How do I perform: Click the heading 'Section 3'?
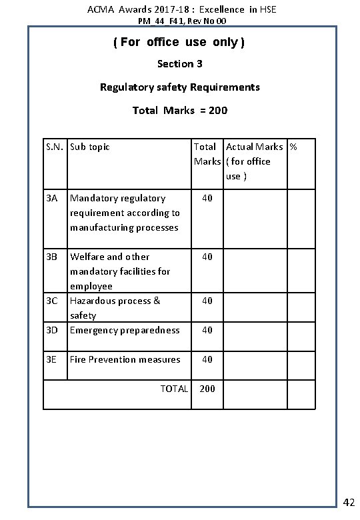[180, 65]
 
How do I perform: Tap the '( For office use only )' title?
[179, 43]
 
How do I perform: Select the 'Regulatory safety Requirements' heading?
[180, 87]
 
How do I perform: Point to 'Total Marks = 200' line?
[180, 110]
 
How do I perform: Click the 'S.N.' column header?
[55, 147]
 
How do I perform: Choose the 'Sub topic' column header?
[90, 147]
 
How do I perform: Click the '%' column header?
[293, 147]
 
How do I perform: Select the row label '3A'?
[53, 198]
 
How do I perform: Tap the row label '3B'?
[53, 257]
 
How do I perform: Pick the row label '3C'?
[53, 301]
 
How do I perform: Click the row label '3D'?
[53, 330]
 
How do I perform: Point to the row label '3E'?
[53, 359]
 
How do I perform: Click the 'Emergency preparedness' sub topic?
[125, 330]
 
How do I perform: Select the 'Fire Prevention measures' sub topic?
[125, 359]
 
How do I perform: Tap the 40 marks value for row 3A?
[207, 198]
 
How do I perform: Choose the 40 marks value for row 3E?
[207, 359]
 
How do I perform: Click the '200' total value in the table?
[207, 389]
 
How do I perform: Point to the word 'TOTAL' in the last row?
[174, 389]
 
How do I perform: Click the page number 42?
[348, 502]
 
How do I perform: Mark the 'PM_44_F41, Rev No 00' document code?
[179, 21]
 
